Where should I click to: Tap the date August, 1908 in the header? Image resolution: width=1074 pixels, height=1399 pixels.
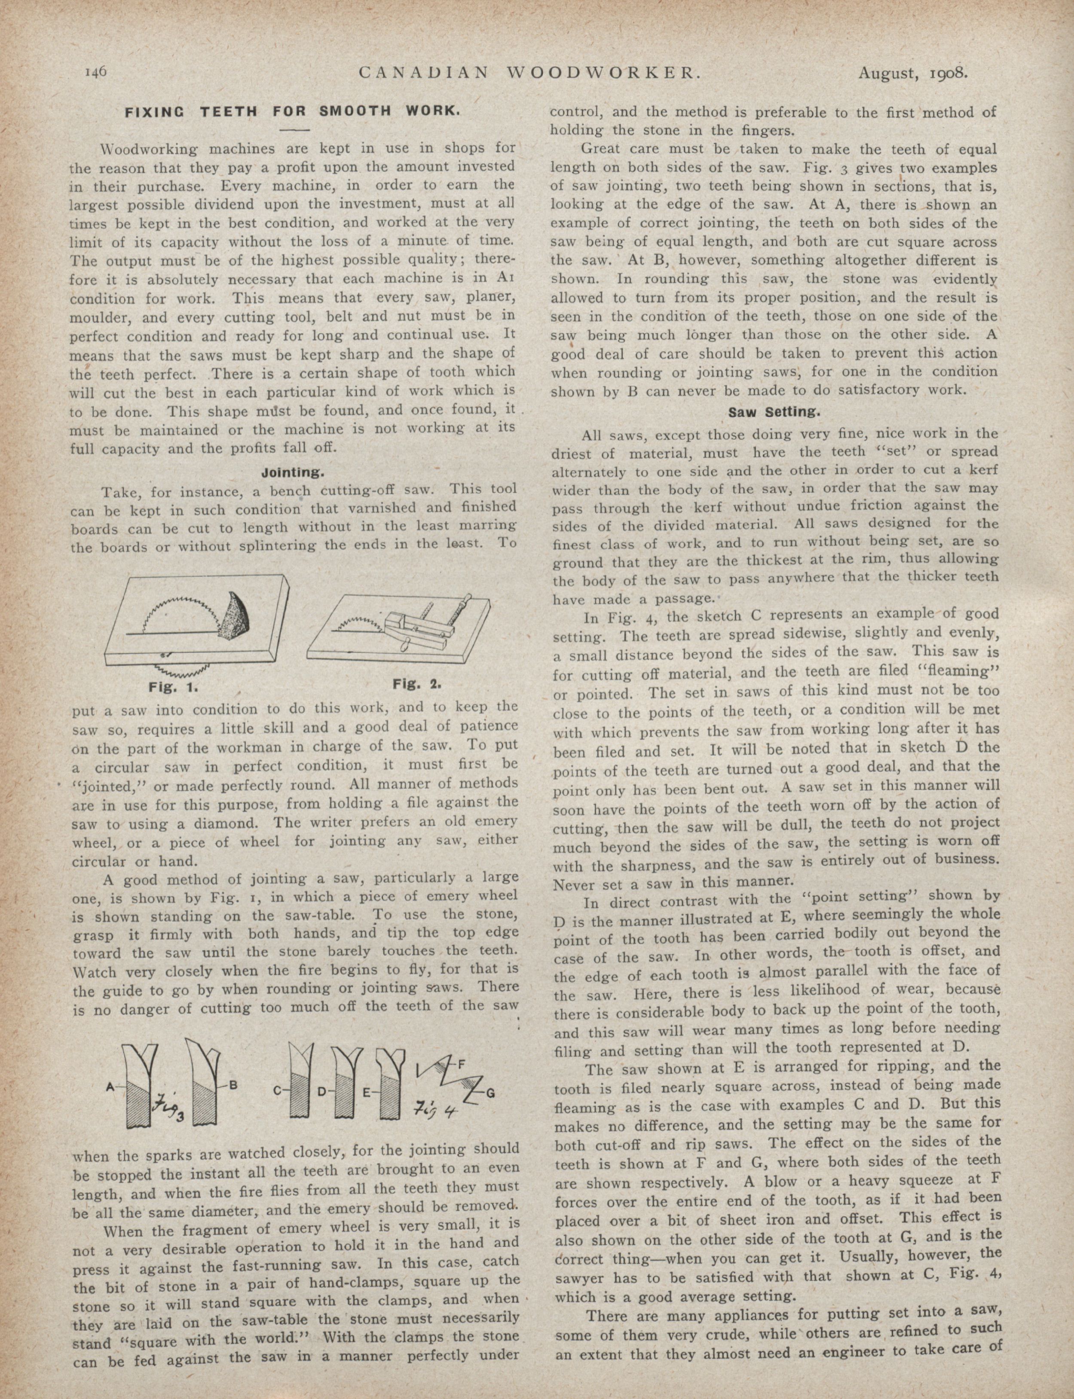[913, 73]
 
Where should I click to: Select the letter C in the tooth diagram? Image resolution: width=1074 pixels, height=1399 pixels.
[278, 1091]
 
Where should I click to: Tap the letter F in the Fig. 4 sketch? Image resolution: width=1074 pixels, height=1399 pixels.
[461, 1065]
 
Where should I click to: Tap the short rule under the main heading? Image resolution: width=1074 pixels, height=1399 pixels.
[294, 130]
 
